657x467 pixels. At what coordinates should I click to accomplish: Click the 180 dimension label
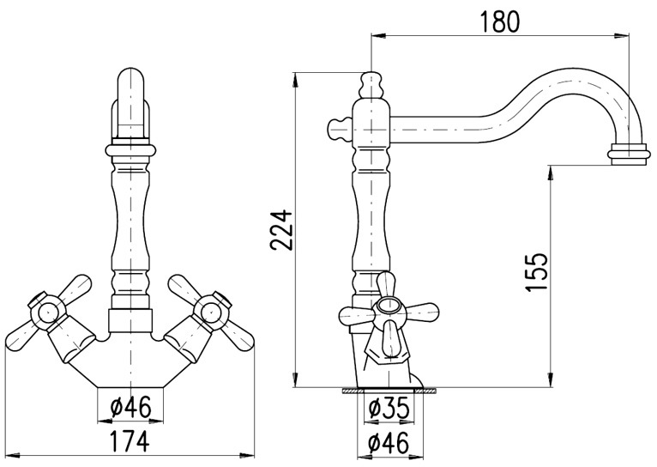(x=499, y=21)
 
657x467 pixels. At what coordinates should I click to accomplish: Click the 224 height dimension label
(x=280, y=230)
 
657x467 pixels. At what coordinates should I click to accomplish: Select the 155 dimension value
(x=537, y=271)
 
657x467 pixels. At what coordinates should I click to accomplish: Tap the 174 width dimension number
(x=129, y=441)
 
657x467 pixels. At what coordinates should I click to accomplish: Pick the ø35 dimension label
(x=389, y=408)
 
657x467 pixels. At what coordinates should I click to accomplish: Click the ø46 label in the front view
(x=130, y=408)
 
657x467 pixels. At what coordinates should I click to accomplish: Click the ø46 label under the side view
(x=389, y=443)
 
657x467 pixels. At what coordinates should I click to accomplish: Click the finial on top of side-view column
(x=371, y=86)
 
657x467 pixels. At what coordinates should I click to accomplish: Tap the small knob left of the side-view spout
(x=339, y=130)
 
